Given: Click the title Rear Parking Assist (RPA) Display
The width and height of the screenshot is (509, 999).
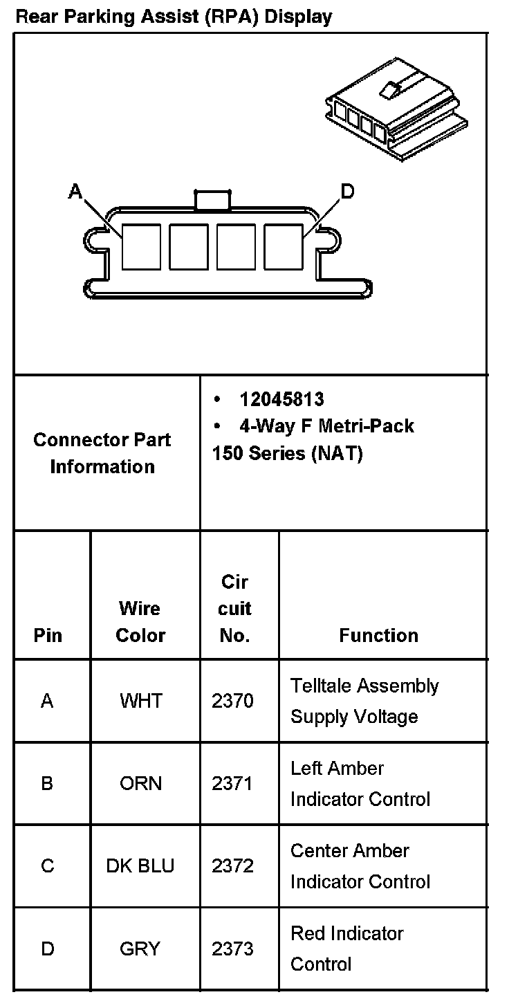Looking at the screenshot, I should pos(174,16).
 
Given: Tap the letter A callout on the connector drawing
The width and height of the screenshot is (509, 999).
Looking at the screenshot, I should pos(75,191).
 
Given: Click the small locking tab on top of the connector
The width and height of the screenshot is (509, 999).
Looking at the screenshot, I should pos(212,200).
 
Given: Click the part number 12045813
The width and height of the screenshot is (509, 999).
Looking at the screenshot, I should pos(281,399).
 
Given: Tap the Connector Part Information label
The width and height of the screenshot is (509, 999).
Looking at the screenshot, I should pos(102,453).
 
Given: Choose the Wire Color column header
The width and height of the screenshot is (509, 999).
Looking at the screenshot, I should pos(140,622).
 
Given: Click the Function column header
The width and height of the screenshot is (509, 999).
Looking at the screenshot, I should pos(378,636).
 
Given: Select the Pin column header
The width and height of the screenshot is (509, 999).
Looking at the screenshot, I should pos(48,636).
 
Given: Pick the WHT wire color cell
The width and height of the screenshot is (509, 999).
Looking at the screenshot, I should pos(140,701).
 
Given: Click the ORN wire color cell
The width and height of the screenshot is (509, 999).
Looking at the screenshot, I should pos(140,783).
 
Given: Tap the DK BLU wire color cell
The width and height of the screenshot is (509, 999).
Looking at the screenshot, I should pos(140,866).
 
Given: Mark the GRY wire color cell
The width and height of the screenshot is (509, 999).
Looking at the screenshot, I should pos(140,948).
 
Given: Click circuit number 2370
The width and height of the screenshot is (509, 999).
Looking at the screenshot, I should pos(232,701).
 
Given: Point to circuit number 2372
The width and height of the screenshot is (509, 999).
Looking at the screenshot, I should pos(232,866).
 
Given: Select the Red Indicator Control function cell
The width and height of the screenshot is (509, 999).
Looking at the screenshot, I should pos(346,948).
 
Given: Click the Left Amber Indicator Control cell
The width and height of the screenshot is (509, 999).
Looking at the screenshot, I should pos(360,783).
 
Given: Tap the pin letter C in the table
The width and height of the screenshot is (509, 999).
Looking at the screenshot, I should pos(48,866).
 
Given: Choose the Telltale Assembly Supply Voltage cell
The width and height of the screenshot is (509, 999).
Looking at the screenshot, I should pos(364,701).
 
